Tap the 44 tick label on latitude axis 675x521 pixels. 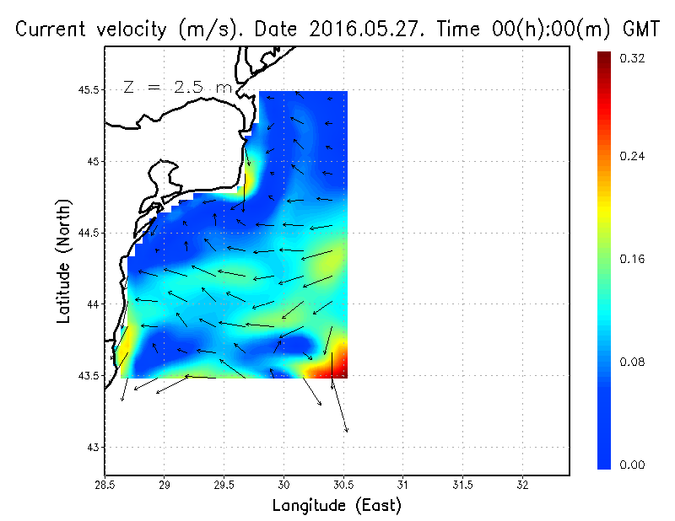pos(93,303)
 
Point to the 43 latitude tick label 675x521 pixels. pos(93,446)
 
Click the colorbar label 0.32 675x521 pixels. pos(634,59)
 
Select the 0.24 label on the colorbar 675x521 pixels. pos(634,157)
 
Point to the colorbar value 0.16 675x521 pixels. pos(634,259)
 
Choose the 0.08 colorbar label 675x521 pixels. pos(634,363)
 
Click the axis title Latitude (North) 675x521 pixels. pos(64,260)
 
